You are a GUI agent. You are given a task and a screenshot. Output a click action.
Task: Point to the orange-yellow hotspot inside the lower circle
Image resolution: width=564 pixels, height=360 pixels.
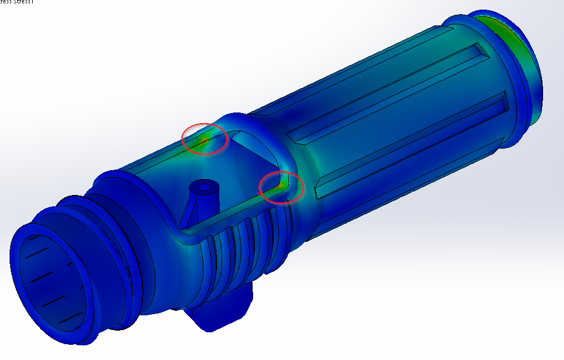click(x=281, y=184)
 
